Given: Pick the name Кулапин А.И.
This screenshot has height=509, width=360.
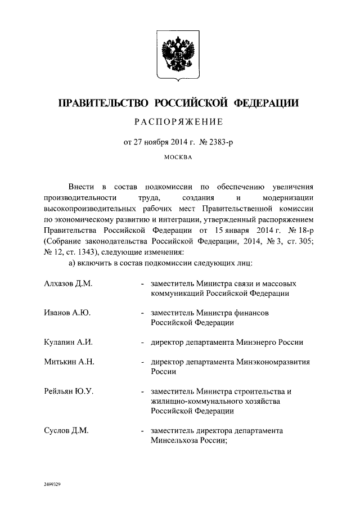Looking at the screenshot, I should pyautogui.click(x=68, y=341).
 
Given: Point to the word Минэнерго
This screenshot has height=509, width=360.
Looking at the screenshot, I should pyautogui.click(x=258, y=341).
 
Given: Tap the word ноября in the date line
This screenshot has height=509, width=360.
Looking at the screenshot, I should pyautogui.click(x=160, y=143).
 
